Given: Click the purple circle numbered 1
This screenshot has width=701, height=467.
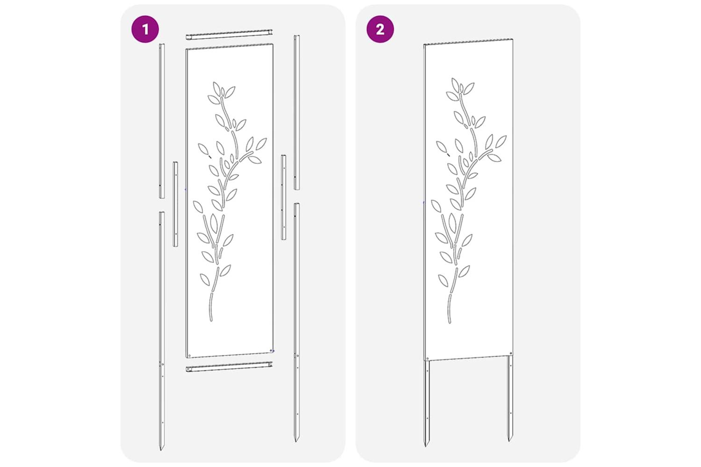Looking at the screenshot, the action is (x=145, y=29).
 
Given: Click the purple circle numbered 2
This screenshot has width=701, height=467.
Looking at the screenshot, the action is (x=380, y=29).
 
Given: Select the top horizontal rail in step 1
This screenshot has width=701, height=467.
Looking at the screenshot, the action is (x=229, y=35).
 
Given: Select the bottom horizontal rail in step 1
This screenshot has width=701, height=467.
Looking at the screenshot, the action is (x=229, y=367).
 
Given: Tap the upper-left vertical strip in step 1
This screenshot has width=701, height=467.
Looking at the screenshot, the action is (x=162, y=121).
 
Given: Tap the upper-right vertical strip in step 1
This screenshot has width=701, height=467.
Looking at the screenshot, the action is (x=297, y=112).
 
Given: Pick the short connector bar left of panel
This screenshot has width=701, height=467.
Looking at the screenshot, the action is (x=176, y=204).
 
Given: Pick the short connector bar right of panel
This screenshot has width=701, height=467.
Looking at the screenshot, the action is (x=284, y=198).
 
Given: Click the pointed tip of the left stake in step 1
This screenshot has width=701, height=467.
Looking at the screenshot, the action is (x=162, y=450).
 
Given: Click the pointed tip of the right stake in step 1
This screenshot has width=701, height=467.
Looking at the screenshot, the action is (x=296, y=441).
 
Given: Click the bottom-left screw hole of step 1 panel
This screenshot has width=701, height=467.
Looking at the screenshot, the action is (x=189, y=355).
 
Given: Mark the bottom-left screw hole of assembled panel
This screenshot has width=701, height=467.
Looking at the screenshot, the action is (x=428, y=358).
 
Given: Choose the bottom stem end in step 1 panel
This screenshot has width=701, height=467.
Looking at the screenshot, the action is (x=211, y=320).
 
